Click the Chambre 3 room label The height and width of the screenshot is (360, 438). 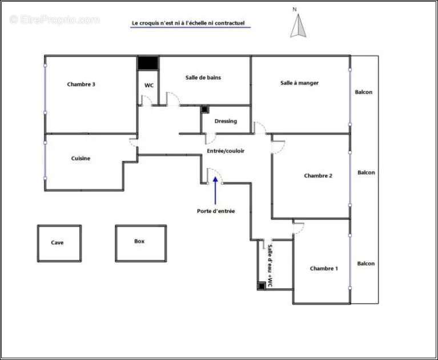(81, 84)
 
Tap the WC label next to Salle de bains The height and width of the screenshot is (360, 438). (149, 86)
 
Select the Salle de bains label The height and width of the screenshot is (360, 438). (203, 78)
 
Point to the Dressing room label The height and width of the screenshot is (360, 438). (226, 121)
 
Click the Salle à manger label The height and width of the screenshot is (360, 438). (299, 83)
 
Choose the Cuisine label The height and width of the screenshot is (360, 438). (81, 158)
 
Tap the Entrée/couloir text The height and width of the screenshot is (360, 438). (226, 151)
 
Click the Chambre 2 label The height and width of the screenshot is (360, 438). (318, 176)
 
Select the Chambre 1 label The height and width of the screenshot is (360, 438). (324, 269)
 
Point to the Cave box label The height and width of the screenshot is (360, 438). (57, 242)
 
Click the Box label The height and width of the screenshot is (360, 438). (139, 241)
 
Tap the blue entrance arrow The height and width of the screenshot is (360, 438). (215, 191)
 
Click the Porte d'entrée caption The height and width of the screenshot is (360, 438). (216, 211)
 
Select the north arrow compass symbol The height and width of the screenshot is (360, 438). (298, 26)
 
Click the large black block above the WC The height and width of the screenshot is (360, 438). (148, 63)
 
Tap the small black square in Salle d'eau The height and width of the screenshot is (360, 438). (262, 286)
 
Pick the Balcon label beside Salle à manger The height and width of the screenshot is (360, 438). (363, 92)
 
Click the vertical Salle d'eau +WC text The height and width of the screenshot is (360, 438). (270, 266)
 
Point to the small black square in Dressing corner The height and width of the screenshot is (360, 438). (205, 110)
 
